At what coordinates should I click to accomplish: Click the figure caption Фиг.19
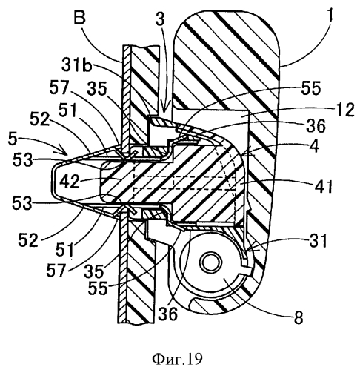(177, 359)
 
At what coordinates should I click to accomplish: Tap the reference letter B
(79, 18)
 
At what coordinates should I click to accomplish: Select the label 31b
(76, 65)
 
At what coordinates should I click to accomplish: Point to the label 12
(345, 110)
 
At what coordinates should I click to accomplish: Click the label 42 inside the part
(70, 181)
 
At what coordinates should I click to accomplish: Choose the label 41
(324, 186)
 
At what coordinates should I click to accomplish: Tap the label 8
(299, 317)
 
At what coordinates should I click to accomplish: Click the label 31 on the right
(319, 240)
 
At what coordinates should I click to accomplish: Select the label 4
(314, 146)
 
